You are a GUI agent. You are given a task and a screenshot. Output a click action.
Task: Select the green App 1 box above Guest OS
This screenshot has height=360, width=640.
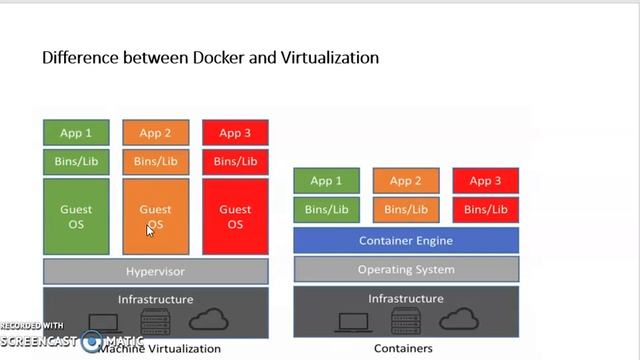(75, 132)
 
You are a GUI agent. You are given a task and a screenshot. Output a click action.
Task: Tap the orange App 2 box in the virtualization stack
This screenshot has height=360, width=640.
(155, 132)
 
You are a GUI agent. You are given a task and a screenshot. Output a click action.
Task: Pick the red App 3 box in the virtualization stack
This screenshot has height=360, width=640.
(235, 132)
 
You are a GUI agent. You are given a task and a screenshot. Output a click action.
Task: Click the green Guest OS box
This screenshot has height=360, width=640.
(75, 216)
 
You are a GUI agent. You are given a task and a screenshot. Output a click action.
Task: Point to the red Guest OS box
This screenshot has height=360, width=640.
(235, 216)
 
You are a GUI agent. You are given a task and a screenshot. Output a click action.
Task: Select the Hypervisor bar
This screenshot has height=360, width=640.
(155, 271)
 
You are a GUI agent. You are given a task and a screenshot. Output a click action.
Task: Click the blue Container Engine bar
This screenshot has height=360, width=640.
(405, 240)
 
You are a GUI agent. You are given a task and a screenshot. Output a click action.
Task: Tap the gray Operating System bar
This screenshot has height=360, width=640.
(405, 269)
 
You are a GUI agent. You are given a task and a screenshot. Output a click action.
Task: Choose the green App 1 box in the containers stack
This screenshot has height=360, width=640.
(326, 181)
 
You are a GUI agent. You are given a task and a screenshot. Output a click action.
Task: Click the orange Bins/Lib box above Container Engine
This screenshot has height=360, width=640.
(405, 210)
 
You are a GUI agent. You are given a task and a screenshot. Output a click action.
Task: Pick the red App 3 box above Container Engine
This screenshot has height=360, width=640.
(485, 181)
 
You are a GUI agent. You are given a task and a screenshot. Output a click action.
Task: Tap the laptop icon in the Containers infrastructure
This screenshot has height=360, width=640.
(351, 321)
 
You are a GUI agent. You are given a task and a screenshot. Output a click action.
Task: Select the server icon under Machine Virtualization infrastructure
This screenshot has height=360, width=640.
(155, 322)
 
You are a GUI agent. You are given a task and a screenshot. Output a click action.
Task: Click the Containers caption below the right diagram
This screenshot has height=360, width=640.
(403, 348)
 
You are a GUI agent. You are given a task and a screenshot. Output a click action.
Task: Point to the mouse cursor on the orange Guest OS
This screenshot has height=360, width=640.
(150, 230)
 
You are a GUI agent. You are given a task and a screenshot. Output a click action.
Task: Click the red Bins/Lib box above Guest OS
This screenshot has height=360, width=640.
(235, 161)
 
